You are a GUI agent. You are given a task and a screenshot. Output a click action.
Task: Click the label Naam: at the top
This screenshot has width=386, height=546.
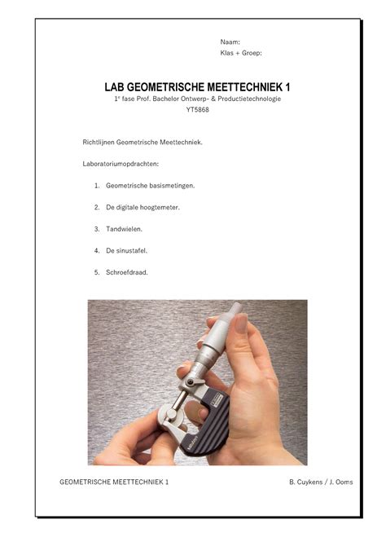click(230, 42)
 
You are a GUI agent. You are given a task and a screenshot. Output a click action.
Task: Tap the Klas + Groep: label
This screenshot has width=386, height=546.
click(241, 53)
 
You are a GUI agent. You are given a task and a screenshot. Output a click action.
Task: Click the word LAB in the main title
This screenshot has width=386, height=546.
click(112, 87)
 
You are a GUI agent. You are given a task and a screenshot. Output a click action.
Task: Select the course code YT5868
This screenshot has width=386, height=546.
click(197, 110)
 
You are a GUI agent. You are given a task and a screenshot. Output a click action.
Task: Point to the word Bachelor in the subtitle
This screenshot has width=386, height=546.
click(165, 99)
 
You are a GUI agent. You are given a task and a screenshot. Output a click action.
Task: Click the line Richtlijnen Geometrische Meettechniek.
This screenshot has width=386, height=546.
click(143, 143)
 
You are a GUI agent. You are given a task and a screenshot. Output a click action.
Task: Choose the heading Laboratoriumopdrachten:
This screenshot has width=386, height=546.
click(121, 164)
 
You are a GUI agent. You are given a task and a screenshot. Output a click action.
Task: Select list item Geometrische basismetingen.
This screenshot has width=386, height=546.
click(151, 186)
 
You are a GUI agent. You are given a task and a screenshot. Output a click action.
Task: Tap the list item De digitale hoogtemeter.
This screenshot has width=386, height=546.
click(143, 208)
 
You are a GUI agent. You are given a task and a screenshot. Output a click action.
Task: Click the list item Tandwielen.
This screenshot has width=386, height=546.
click(125, 229)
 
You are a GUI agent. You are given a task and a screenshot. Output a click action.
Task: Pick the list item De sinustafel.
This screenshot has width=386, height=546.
click(127, 251)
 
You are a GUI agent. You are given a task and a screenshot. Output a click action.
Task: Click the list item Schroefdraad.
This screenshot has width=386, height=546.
click(127, 273)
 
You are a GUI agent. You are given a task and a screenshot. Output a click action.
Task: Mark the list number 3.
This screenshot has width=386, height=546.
click(97, 229)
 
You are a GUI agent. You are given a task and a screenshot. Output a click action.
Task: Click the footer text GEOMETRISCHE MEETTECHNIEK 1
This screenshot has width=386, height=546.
click(114, 482)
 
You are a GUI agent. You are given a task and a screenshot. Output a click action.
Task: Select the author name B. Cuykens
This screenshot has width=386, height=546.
click(305, 482)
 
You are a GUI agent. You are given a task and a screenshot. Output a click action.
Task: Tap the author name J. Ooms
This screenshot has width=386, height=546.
click(341, 482)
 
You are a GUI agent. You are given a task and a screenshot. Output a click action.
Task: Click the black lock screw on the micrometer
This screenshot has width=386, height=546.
click(190, 382)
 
